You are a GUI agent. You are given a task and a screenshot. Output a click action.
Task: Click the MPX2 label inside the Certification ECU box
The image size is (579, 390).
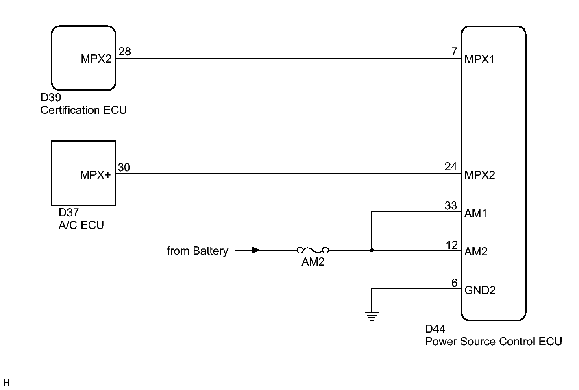point(96,59)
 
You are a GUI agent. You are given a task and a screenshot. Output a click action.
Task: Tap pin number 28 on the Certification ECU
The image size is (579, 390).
point(124,52)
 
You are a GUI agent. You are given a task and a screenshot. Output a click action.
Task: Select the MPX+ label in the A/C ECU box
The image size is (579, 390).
point(96,175)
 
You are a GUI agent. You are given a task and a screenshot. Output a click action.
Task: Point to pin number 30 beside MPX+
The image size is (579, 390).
point(124,168)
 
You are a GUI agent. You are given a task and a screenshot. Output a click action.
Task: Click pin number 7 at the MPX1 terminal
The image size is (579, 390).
point(454,52)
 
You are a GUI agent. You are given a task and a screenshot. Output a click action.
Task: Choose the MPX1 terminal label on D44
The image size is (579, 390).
point(479,59)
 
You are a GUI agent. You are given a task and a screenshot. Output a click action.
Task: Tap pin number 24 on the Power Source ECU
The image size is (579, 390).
point(451,167)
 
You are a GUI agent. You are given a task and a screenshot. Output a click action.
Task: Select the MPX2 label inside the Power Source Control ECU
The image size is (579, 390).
point(479,175)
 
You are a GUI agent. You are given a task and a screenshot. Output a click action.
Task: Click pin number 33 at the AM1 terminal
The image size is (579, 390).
point(451,206)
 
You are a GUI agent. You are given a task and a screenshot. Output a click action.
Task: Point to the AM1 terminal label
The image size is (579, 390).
point(476,214)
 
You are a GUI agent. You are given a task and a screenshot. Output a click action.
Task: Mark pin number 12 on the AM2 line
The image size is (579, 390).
point(452,245)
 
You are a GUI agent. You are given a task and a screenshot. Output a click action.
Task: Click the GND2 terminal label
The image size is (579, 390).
point(480,290)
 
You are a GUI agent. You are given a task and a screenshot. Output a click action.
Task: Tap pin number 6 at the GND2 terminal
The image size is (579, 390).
point(454,283)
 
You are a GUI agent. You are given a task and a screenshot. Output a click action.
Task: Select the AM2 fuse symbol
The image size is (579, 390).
point(313,250)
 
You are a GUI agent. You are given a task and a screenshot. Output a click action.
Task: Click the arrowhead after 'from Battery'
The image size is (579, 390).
point(255,250)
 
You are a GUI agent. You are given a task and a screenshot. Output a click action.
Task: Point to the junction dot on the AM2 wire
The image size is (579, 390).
point(372,251)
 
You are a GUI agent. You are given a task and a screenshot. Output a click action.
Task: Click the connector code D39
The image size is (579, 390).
point(50,98)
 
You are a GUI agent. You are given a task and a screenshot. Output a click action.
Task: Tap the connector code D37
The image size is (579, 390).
point(69,213)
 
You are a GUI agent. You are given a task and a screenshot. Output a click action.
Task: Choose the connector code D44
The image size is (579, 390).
point(435,329)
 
